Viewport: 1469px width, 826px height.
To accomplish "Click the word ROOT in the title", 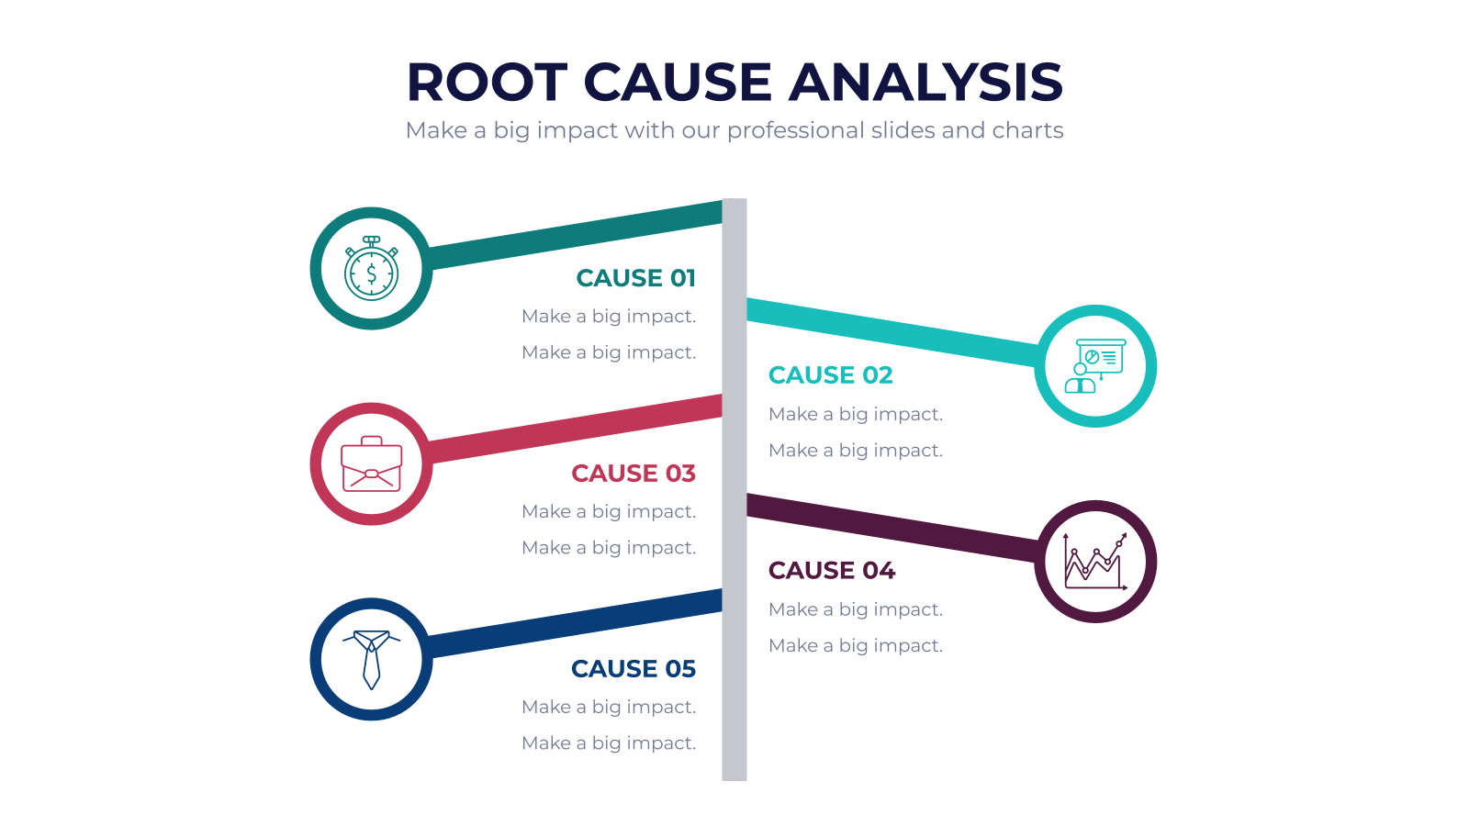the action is point(487,82).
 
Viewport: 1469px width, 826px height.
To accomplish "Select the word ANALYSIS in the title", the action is point(925,82).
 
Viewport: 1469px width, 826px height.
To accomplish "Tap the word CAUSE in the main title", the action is point(678,82).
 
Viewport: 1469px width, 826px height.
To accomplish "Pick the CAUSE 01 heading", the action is point(635,278).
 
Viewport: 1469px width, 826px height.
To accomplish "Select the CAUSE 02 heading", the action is point(830,375).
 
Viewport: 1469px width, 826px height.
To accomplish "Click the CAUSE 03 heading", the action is point(633,474).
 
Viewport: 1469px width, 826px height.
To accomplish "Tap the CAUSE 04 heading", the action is point(832,570).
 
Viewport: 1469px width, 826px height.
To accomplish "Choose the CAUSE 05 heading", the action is point(633,669).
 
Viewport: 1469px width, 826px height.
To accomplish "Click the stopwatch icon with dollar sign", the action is point(371,269).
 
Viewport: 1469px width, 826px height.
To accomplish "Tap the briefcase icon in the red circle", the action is point(371,464).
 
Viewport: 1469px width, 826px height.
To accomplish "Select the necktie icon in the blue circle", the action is point(371,660).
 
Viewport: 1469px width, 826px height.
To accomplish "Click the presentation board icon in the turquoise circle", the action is point(1095,366).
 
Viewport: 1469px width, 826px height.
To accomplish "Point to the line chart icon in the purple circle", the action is point(1095,561).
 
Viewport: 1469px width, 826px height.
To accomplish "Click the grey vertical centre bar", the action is point(734,489).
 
